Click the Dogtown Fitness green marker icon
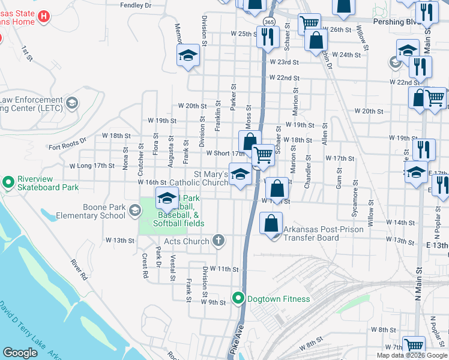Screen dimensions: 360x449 click(238, 299)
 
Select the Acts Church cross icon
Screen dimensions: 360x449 click(218, 241)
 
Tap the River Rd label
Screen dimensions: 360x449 click(79, 270)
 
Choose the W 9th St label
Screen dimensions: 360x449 click(214, 303)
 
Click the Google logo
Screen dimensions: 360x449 click(20, 353)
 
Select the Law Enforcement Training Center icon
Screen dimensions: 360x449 click(72, 104)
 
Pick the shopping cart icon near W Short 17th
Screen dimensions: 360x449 click(263, 155)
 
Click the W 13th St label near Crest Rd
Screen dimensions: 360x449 click(120, 241)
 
